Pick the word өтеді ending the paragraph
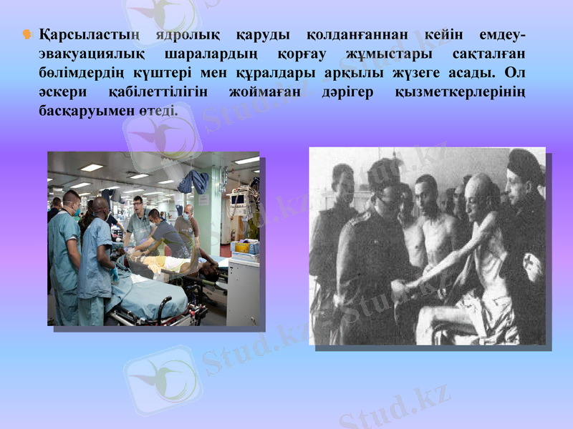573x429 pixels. [x=160, y=112]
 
